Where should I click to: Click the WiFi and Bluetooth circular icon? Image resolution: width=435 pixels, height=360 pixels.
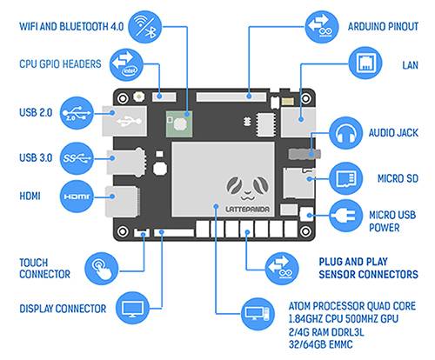tap(145, 27)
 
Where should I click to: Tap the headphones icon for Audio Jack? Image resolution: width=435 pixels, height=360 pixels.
tap(345, 133)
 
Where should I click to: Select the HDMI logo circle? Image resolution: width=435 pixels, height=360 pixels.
tap(77, 197)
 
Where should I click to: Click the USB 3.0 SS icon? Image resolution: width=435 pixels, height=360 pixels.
tap(77, 158)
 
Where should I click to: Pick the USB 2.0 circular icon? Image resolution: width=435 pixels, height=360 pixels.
tap(77, 113)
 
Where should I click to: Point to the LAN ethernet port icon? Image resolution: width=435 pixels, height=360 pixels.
tap(365, 63)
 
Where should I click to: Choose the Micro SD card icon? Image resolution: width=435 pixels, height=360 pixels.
tap(346, 178)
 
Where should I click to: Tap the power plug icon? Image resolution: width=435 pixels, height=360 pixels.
tap(346, 216)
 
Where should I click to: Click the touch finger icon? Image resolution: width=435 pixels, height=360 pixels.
tap(102, 269)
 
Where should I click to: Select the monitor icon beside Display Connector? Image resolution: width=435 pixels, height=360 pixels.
tap(132, 308)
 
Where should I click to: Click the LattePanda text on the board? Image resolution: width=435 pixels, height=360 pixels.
tap(247, 209)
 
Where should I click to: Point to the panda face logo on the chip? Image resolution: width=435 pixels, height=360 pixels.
tap(247, 189)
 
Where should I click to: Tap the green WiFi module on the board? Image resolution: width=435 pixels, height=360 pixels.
tap(179, 124)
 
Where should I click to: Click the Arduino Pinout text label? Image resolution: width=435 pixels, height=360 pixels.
tap(383, 27)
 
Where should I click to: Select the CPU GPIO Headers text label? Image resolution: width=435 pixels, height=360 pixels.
tap(60, 64)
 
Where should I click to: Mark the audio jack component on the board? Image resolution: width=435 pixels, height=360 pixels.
tap(304, 154)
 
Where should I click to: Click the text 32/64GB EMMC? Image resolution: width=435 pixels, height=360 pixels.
tap(321, 344)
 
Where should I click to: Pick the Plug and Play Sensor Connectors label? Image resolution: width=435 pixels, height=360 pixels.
tap(368, 268)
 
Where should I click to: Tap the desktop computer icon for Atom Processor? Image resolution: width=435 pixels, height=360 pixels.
tap(258, 314)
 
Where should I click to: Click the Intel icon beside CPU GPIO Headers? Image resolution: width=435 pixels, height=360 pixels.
tap(126, 64)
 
